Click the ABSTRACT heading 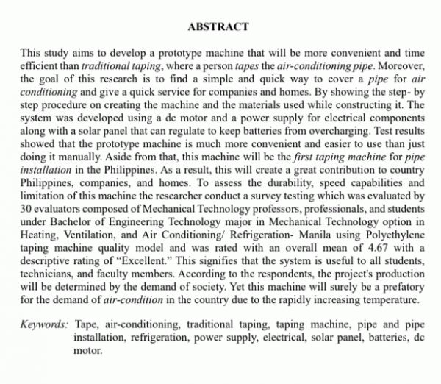click(218, 27)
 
